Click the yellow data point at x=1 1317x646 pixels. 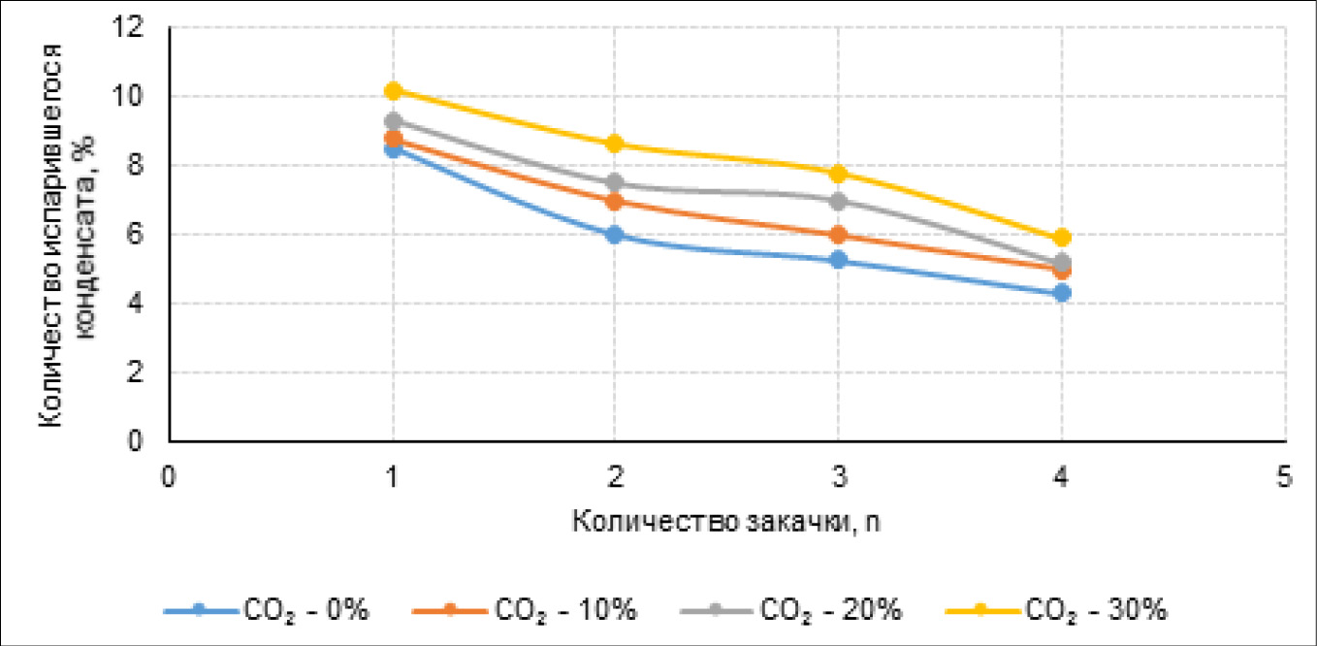pyautogui.click(x=393, y=90)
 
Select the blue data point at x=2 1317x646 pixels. pyautogui.click(x=615, y=235)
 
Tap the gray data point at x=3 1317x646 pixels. pyautogui.click(x=838, y=201)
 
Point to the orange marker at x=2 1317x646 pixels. pyautogui.click(x=615, y=201)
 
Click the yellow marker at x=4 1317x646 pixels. pyautogui.click(x=1062, y=238)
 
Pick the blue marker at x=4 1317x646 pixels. pyautogui.click(x=1062, y=293)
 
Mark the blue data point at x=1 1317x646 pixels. pyautogui.click(x=393, y=149)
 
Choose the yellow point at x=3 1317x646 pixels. pyautogui.click(x=838, y=174)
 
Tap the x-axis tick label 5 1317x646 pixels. pyautogui.click(x=1284, y=477)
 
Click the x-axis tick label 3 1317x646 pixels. pyautogui.click(x=838, y=477)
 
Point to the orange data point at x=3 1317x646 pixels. pyautogui.click(x=838, y=235)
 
